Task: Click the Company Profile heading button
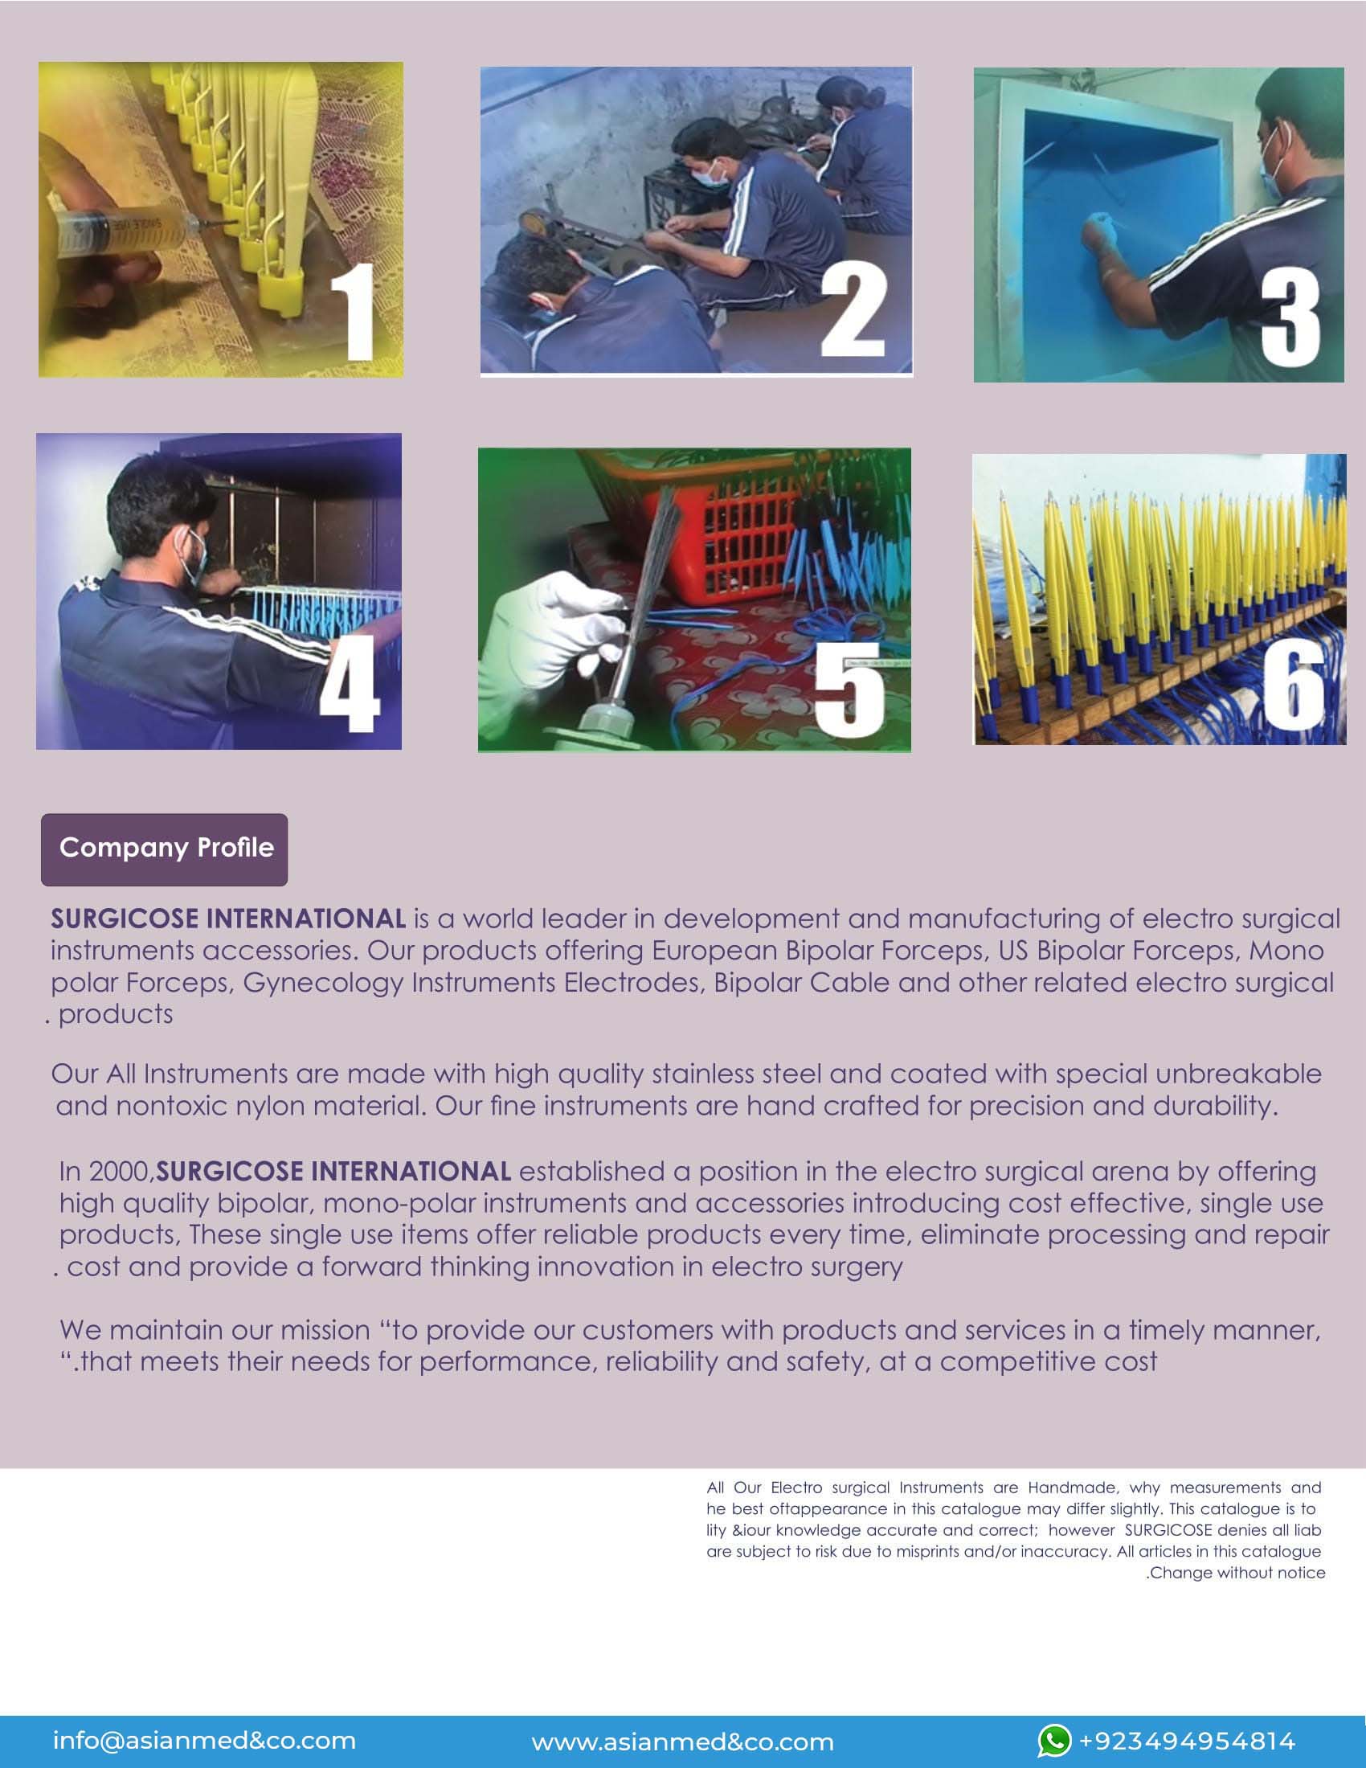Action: tap(164, 849)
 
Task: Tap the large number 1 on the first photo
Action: tap(354, 312)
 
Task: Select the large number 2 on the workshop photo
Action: tap(853, 312)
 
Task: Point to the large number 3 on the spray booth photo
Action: tap(1290, 317)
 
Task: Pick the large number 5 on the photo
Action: tap(847, 689)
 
